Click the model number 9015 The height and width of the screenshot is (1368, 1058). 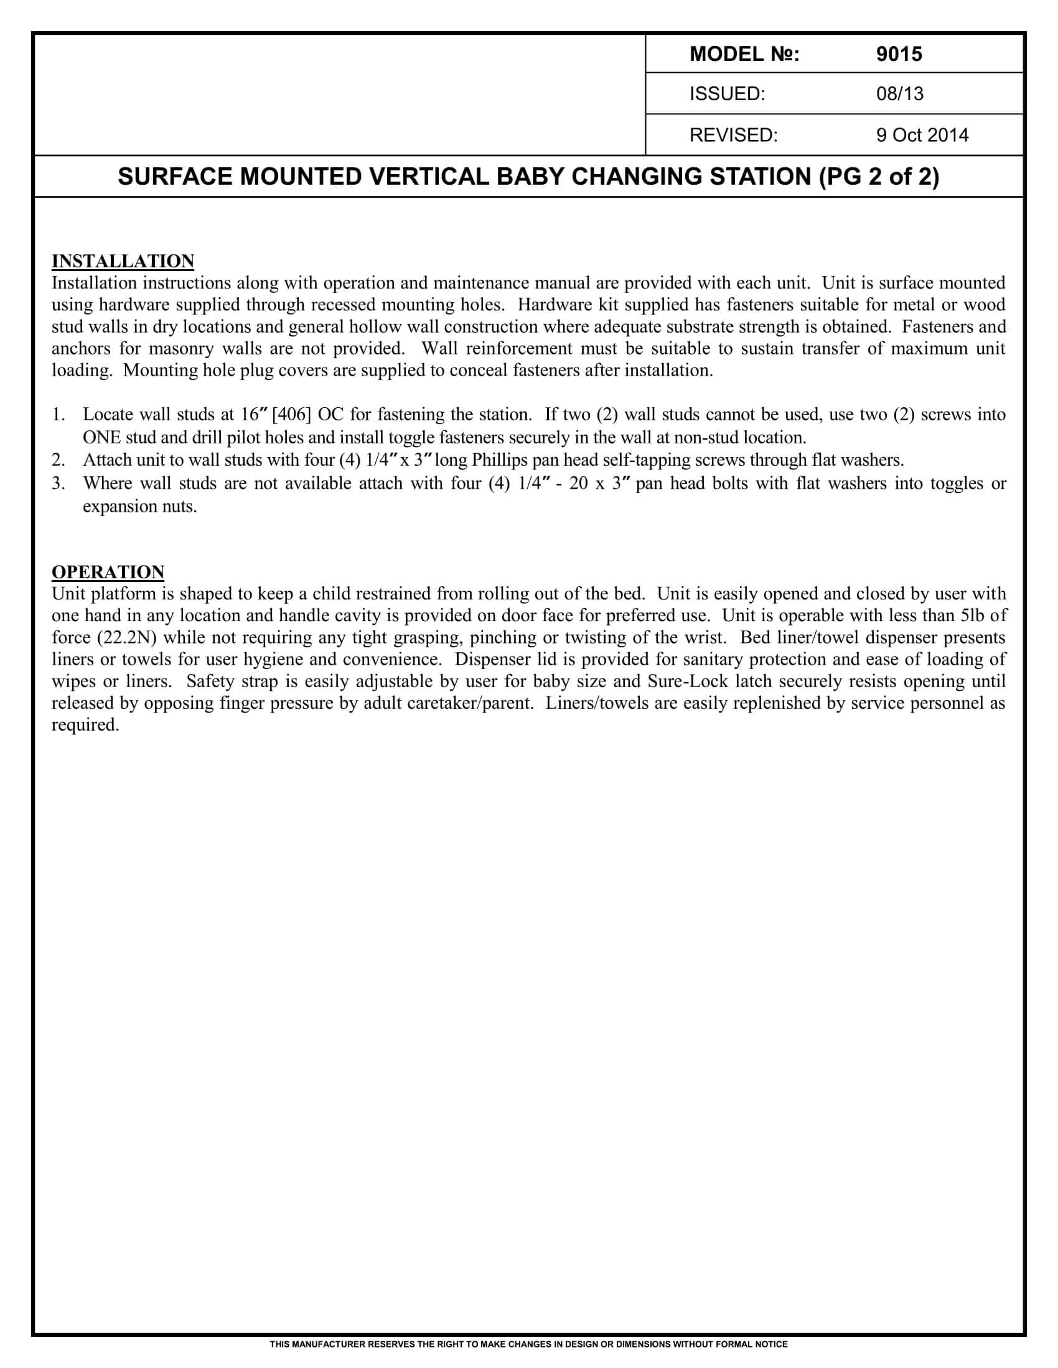[899, 55]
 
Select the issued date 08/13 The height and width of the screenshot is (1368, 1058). [899, 94]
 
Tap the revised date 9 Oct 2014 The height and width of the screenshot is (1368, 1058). [922, 136]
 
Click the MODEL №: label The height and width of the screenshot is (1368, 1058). [744, 55]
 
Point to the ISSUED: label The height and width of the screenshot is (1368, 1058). [727, 94]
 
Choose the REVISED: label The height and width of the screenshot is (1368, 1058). [733, 136]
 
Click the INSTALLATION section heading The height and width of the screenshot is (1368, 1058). [123, 261]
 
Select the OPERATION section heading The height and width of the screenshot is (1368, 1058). [108, 572]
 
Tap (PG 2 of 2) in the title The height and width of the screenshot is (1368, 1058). [879, 177]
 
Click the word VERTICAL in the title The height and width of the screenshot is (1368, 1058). [429, 177]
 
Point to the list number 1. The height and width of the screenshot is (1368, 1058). [59, 415]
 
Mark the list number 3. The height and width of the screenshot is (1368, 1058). [59, 484]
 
